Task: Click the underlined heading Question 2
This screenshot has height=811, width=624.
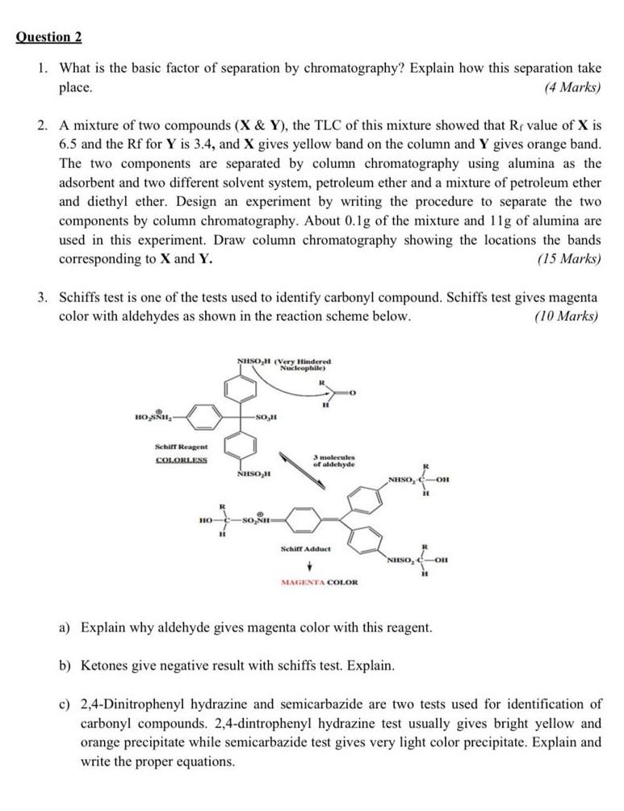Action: pos(49,37)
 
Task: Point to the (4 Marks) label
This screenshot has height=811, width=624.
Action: pos(572,87)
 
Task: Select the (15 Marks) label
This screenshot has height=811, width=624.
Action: pos(569,258)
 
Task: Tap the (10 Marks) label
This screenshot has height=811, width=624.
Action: pos(567,315)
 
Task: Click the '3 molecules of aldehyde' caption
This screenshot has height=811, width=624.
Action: pos(333,460)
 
